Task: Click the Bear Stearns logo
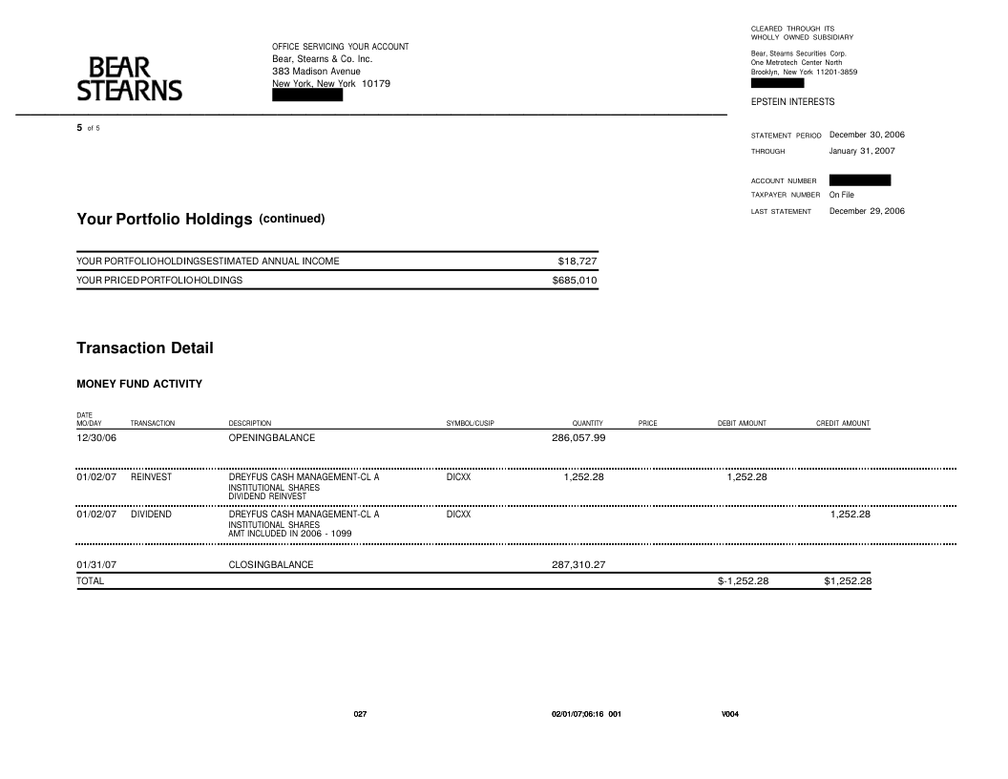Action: point(129,79)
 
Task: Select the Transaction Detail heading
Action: point(145,348)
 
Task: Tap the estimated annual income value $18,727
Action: point(577,261)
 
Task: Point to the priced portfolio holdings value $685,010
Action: point(575,281)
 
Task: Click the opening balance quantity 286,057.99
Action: point(578,438)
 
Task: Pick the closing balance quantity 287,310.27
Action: point(578,564)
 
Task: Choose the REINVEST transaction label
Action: point(151,477)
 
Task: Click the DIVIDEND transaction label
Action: point(150,515)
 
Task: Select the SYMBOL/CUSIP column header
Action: point(470,423)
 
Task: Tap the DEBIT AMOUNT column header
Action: point(742,423)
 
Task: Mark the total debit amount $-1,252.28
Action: point(743,581)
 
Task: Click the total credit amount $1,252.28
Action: point(848,581)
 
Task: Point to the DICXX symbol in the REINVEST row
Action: point(458,477)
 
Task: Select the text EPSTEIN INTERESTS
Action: point(792,101)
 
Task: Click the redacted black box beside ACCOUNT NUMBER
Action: point(859,179)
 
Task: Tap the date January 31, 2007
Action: point(862,151)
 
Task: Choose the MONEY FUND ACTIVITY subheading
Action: point(139,384)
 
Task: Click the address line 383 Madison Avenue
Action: point(316,72)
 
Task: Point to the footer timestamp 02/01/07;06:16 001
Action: point(586,714)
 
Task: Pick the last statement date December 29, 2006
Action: point(867,211)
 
